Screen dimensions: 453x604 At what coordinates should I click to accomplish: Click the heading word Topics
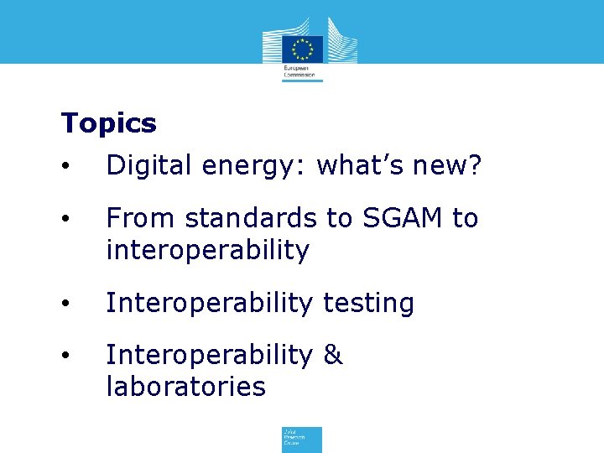coord(108,123)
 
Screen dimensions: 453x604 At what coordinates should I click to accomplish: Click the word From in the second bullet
coord(140,218)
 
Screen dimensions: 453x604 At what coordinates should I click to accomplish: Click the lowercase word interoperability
coord(207,250)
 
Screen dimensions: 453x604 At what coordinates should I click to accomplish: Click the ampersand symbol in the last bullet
coord(332,355)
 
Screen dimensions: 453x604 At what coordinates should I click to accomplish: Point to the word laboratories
coord(185,387)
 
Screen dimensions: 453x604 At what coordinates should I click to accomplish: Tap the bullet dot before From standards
coord(66,220)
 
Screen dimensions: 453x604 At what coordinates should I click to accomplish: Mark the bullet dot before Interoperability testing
coord(66,304)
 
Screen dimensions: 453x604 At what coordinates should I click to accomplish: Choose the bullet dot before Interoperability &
coord(66,356)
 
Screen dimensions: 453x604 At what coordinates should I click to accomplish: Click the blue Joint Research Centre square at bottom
coord(301,439)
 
